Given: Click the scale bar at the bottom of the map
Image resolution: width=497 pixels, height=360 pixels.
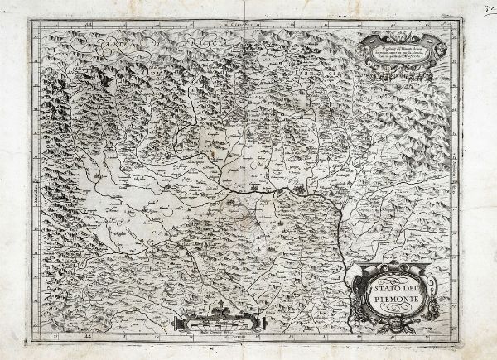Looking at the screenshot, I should pyautogui.click(x=222, y=324).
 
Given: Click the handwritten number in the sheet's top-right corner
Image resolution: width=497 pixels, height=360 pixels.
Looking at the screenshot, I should pyautogui.click(x=487, y=7).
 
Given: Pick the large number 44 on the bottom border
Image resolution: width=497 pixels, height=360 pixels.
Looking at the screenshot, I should pyautogui.click(x=89, y=338).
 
